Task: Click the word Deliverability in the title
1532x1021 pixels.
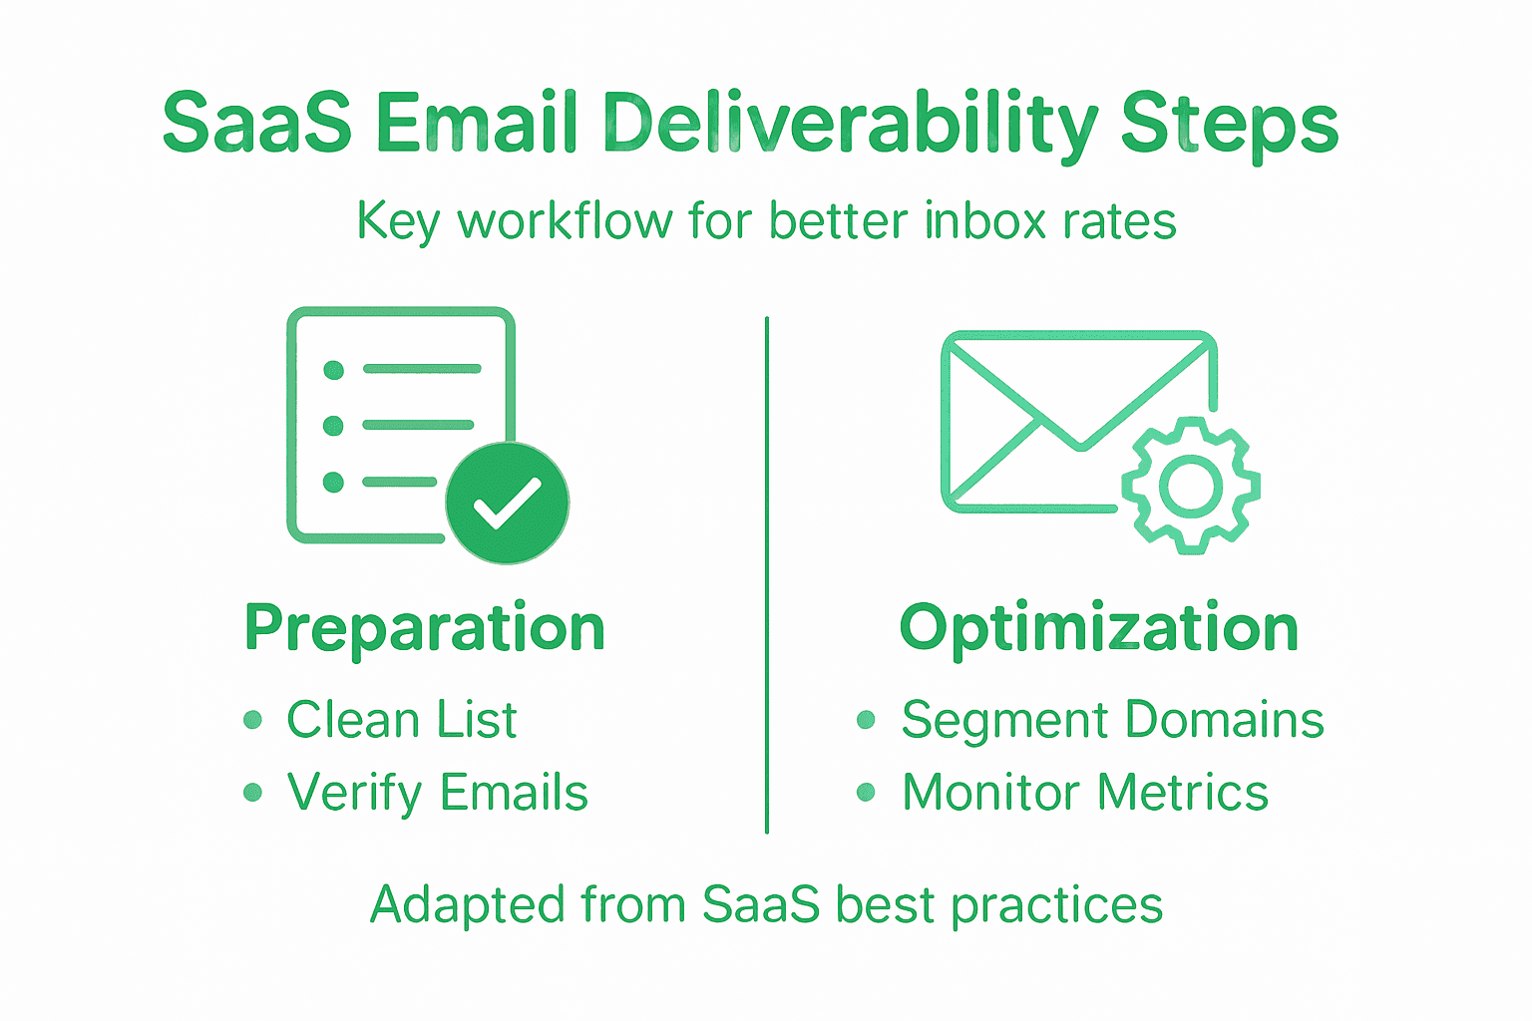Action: [x=850, y=125]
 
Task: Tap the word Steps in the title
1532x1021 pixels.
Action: [x=1229, y=125]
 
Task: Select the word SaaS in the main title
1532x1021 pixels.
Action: [x=256, y=125]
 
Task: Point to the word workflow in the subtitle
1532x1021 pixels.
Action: [x=565, y=220]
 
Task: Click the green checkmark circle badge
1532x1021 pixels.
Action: [x=508, y=503]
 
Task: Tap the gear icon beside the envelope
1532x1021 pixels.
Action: [x=1191, y=487]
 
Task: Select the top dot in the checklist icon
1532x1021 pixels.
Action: [x=334, y=370]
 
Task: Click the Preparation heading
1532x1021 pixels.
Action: [x=425, y=628]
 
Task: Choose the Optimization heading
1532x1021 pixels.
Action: [x=1098, y=628]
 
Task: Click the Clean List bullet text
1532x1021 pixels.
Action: [x=401, y=720]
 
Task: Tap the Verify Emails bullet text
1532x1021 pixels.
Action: [x=437, y=794]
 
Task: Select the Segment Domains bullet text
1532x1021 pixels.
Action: [x=1112, y=720]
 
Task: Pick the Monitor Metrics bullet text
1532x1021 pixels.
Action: [x=1085, y=794]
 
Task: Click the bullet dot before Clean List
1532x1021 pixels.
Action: [x=253, y=720]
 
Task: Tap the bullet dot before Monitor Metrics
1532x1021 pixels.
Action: [x=866, y=793]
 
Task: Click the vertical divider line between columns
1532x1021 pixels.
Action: [x=766, y=574]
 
